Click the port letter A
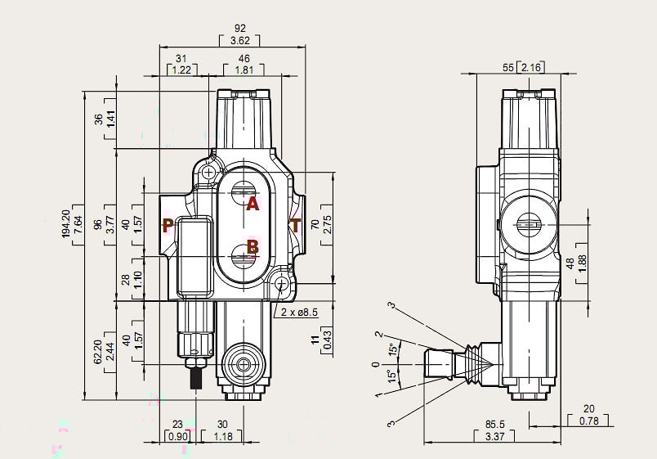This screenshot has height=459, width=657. pyautogui.click(x=253, y=205)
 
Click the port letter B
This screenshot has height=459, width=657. pyautogui.click(x=253, y=245)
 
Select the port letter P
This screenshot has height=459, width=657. pyautogui.click(x=167, y=226)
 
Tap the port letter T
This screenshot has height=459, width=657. pyautogui.click(x=295, y=226)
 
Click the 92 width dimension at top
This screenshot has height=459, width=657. pyautogui.click(x=239, y=29)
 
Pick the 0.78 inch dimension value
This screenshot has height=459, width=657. pyautogui.click(x=588, y=421)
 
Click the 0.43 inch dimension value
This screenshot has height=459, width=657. pyautogui.click(x=327, y=344)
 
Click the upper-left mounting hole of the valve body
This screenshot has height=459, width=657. pyautogui.click(x=210, y=173)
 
